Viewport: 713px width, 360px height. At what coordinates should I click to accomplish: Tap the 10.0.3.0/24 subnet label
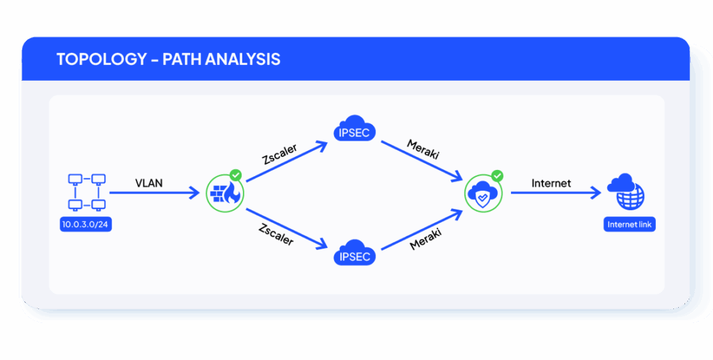87,225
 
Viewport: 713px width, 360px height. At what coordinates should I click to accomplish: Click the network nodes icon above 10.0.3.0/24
87,192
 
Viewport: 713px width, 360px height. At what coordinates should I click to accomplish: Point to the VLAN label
150,184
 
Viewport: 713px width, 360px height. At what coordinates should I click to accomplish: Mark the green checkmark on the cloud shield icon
496,175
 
